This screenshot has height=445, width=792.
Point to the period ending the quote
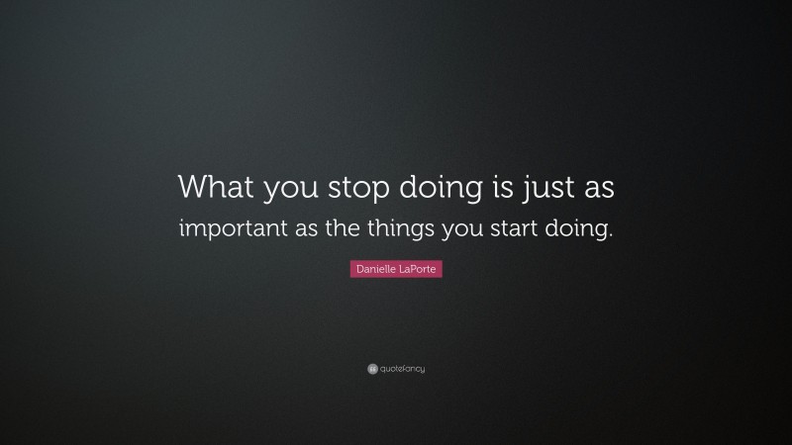[x=611, y=235]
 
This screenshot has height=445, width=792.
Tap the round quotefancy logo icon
[x=372, y=369]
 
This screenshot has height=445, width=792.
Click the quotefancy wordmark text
[x=402, y=369]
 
